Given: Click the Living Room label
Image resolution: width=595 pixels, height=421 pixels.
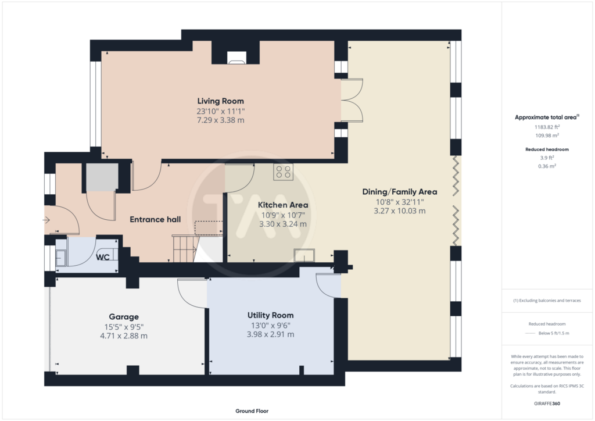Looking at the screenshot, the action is click(x=220, y=101).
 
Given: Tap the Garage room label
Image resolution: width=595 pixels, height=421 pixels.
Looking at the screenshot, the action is click(x=124, y=316).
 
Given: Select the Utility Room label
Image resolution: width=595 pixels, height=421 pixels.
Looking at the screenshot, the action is click(x=271, y=315).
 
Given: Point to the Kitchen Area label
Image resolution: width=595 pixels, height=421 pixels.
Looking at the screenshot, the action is click(x=283, y=205).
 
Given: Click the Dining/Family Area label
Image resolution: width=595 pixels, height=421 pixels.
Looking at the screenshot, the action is click(x=400, y=192).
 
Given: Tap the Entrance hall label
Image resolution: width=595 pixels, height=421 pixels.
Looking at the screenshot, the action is click(x=155, y=219).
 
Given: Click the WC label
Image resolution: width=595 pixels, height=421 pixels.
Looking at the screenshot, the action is click(x=102, y=258).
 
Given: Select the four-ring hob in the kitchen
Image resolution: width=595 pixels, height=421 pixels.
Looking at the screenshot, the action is click(x=283, y=172).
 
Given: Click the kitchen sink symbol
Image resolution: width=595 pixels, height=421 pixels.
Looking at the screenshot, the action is click(x=304, y=255).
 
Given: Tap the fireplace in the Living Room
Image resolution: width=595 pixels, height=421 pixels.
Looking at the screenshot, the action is click(x=236, y=58).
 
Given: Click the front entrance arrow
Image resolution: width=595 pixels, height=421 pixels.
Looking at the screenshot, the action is click(x=46, y=220).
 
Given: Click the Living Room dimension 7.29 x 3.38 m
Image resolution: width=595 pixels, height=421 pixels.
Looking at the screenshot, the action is click(x=220, y=120).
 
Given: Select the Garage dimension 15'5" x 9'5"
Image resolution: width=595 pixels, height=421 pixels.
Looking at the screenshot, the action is click(x=124, y=327).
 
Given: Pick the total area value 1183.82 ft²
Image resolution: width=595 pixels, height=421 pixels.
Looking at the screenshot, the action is click(x=547, y=127).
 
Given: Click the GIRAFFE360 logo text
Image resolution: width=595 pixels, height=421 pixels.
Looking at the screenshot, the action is click(x=547, y=404).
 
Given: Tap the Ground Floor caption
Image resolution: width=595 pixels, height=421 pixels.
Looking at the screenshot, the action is click(x=252, y=411).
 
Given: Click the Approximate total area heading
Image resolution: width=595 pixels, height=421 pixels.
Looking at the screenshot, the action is click(x=547, y=117).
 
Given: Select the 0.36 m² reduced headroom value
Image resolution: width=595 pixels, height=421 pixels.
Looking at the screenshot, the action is click(x=547, y=166).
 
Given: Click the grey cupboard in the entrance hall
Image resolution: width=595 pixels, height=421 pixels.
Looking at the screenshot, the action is click(x=102, y=177).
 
